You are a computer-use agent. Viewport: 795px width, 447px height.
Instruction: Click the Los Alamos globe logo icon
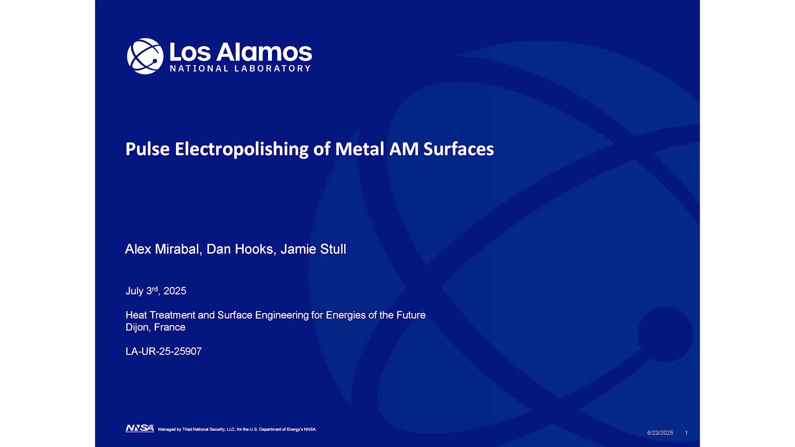145,56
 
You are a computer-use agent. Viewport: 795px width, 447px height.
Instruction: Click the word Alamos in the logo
264,53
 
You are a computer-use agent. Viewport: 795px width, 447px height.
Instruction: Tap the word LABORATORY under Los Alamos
272,69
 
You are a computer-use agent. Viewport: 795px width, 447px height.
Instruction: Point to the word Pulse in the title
147,149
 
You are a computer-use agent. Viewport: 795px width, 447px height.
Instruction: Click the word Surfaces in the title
458,149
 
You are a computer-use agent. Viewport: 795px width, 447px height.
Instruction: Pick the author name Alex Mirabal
162,249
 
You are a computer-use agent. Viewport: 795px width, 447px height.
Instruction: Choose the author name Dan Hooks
240,249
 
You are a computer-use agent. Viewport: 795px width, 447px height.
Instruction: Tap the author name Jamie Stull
313,249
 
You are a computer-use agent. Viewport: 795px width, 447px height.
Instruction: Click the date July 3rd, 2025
156,291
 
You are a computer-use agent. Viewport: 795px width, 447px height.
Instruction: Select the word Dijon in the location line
137,327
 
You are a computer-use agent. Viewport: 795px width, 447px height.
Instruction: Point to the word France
170,327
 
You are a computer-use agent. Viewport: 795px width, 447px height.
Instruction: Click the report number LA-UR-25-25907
164,351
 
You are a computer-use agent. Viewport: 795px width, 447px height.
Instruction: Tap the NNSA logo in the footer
140,428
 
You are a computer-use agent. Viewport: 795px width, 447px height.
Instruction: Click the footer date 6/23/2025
660,433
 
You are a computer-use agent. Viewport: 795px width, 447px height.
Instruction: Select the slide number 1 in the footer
686,433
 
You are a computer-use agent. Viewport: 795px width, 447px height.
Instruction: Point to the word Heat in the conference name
136,315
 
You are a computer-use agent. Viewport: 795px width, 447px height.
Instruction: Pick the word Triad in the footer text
187,430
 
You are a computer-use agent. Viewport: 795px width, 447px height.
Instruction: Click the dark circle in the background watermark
665,334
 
